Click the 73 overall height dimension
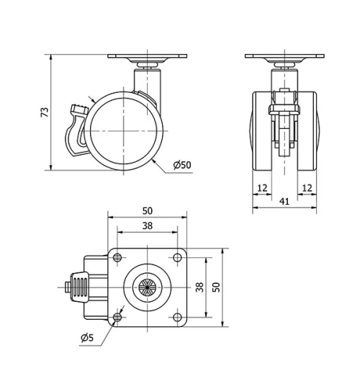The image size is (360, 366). [x=44, y=112]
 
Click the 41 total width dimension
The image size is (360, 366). [x=284, y=202]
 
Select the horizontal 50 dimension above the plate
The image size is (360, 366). [x=148, y=211]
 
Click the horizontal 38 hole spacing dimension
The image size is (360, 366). [x=147, y=225]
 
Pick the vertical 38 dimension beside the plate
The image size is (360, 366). [x=199, y=287]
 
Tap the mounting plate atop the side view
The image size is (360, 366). [x=147, y=57]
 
